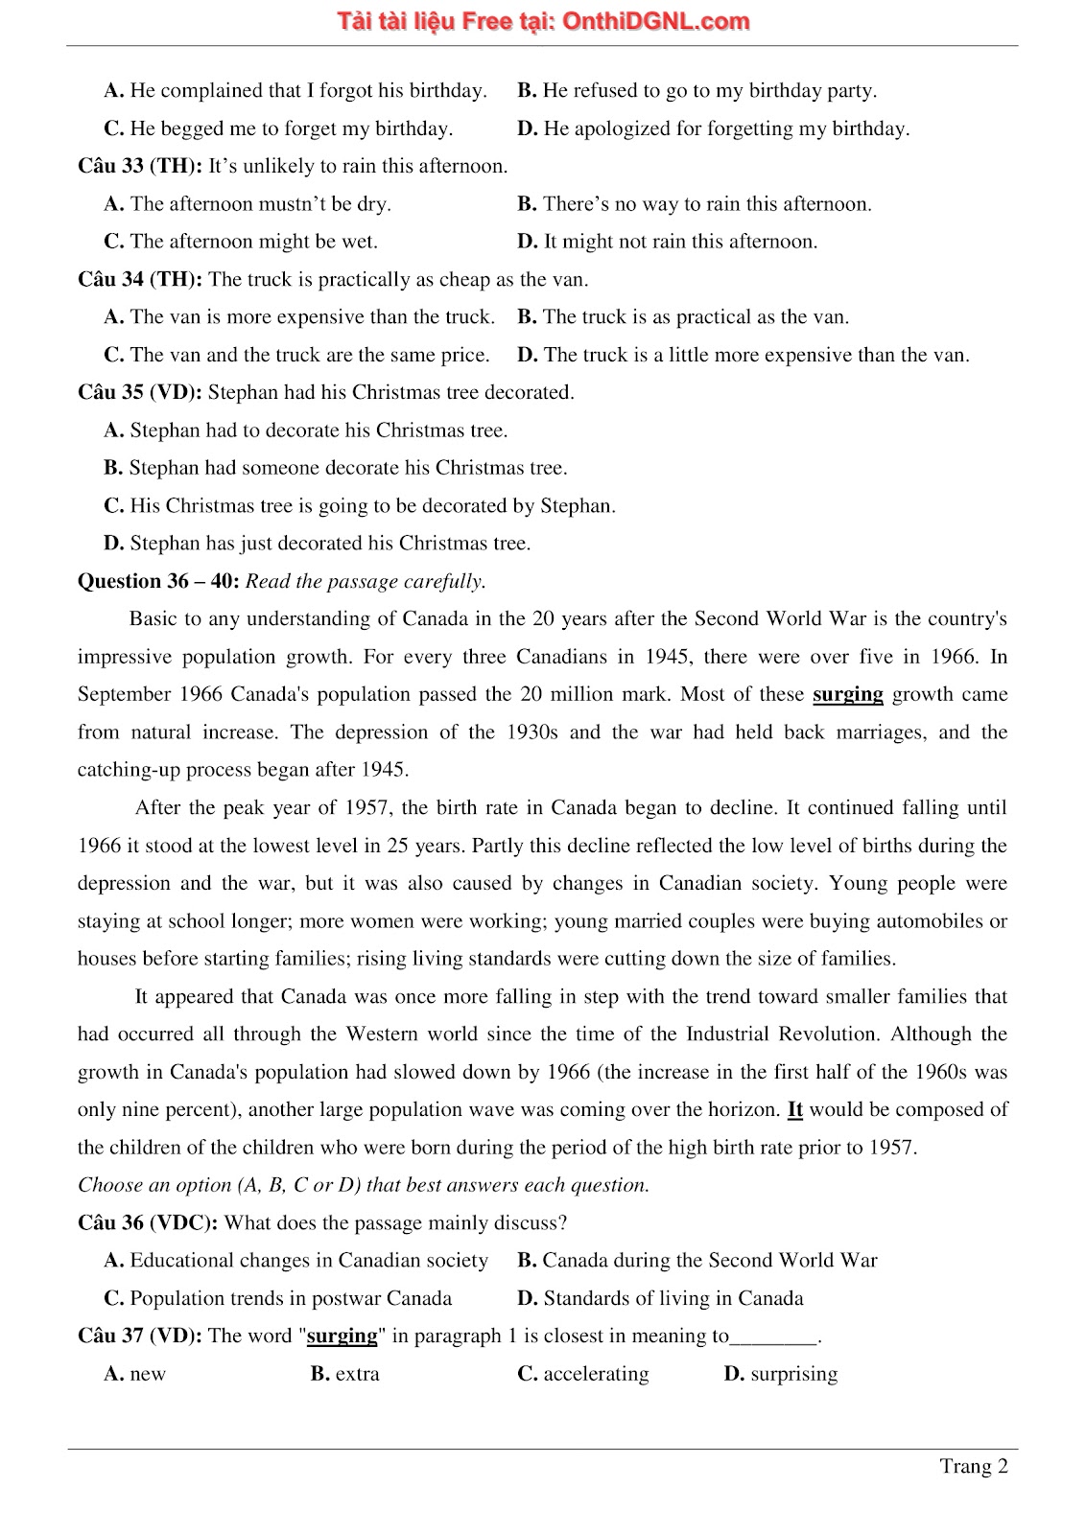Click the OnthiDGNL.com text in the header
point(656,21)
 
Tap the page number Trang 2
point(973,1466)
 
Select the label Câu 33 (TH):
point(140,166)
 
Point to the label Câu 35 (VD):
point(140,392)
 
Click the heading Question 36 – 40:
point(158,581)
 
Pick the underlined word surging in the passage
point(847,694)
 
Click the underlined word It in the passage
point(794,1109)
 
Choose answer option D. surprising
point(781,1374)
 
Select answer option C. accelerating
point(583,1374)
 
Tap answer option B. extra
point(345,1374)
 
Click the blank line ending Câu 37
point(773,1337)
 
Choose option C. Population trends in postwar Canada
point(278,1298)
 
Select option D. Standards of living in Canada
point(660,1298)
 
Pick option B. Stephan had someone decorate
point(336,468)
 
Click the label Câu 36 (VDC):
point(148,1222)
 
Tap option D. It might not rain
point(668,242)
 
